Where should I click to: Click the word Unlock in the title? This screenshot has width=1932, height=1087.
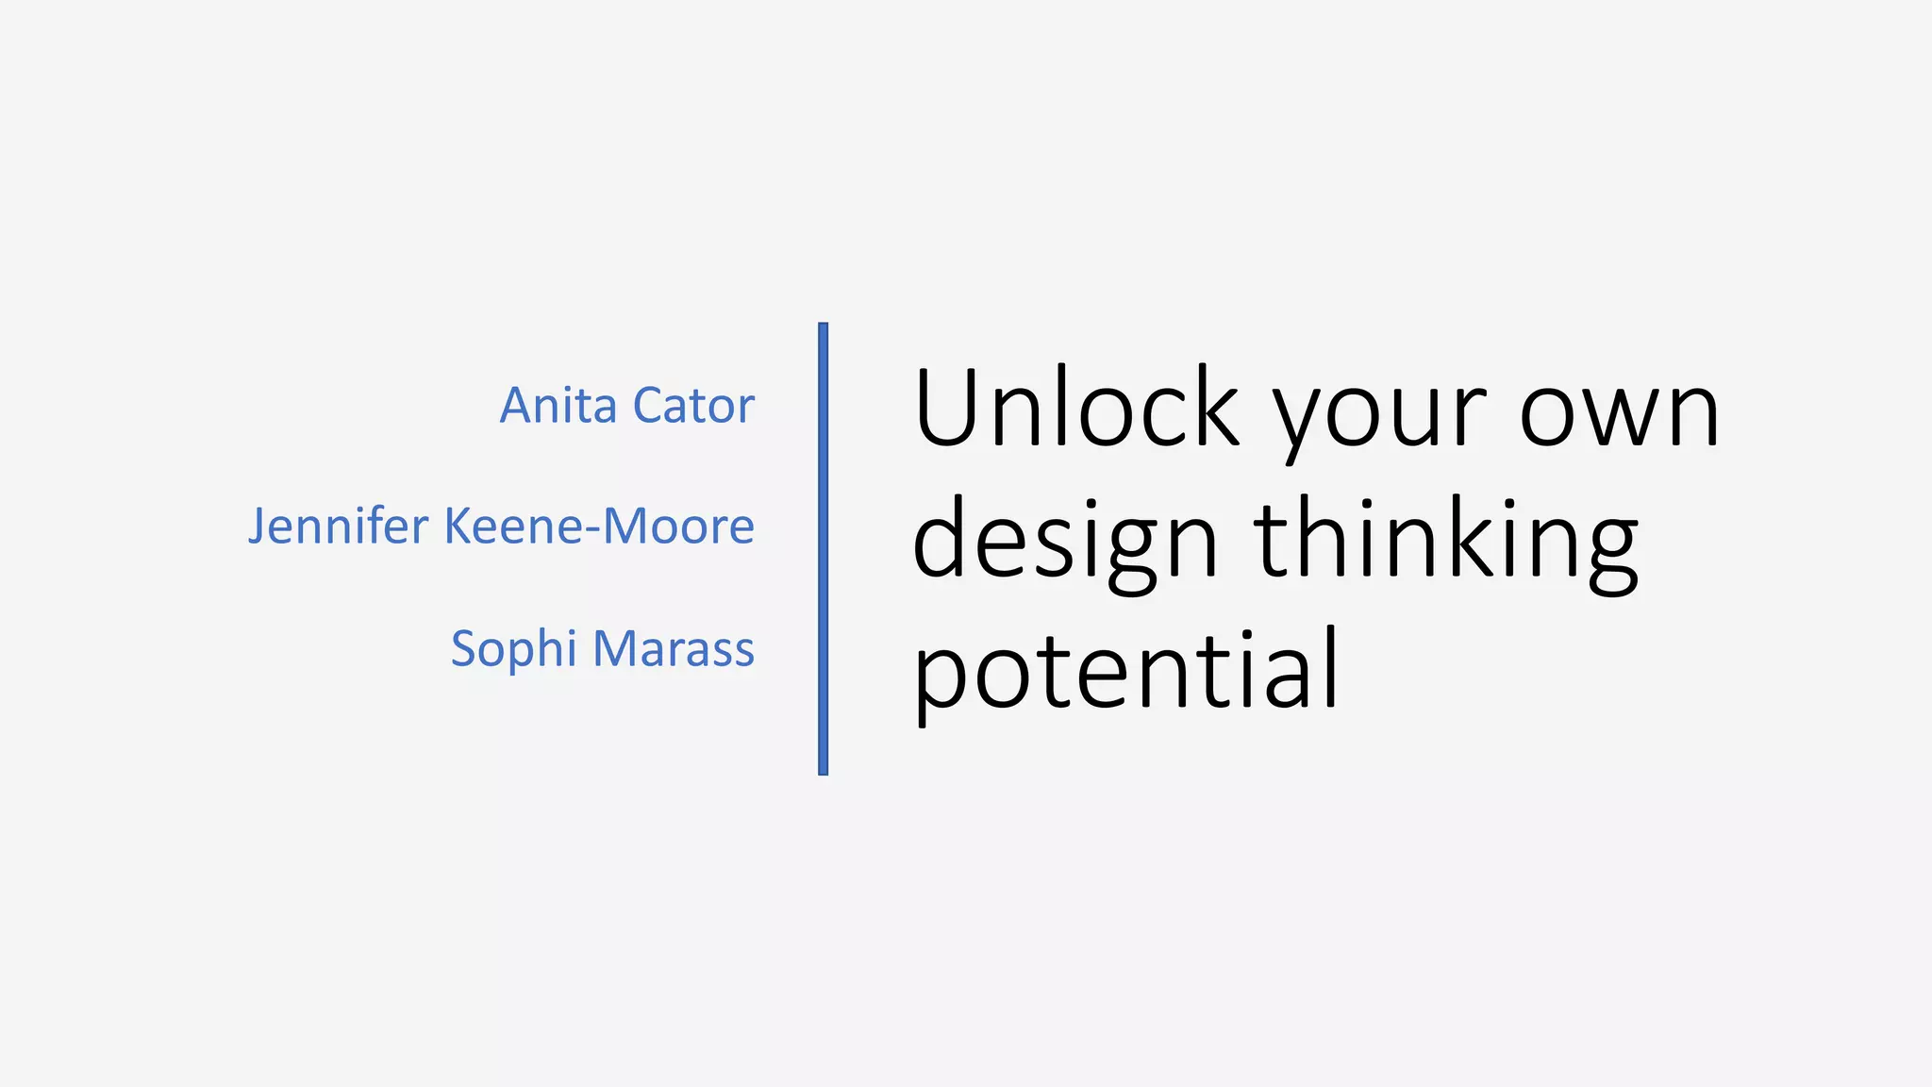(1076, 408)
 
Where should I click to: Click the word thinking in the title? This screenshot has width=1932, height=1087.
(1446, 540)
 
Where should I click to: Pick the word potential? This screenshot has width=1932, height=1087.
(1125, 672)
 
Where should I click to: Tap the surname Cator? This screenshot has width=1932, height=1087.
(693, 406)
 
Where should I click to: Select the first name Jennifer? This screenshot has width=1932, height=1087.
(338, 527)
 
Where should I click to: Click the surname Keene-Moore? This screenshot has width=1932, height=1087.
(599, 527)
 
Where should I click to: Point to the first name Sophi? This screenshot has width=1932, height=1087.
(513, 650)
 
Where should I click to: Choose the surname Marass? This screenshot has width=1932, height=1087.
(674, 649)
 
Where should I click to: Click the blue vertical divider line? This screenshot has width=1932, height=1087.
(824, 548)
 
